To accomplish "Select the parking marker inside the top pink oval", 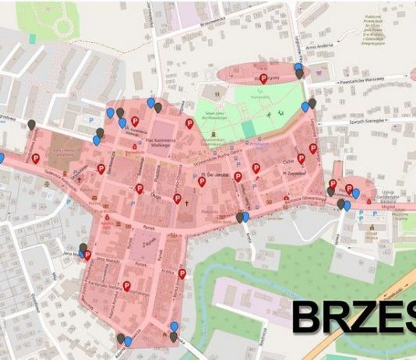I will [264, 79].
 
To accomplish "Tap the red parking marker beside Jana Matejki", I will [87, 255].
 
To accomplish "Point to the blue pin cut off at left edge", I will [2, 158].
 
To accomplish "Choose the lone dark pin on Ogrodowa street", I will [32, 123].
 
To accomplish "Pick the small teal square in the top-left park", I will [33, 37].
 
